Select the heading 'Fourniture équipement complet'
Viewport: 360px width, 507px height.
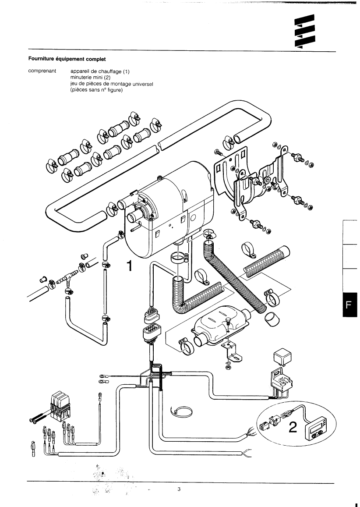pos(67,58)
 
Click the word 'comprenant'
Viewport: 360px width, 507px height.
pos(42,71)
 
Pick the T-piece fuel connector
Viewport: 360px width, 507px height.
pos(66,278)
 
